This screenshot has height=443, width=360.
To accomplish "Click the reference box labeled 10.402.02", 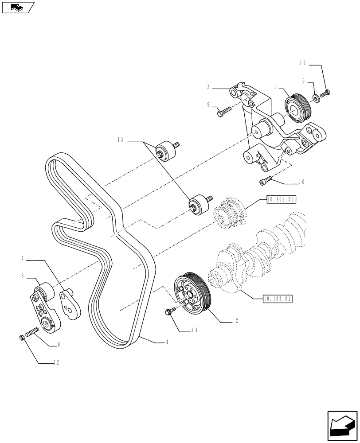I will point(281,200).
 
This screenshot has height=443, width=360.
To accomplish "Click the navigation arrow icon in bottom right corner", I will point(342,426).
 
